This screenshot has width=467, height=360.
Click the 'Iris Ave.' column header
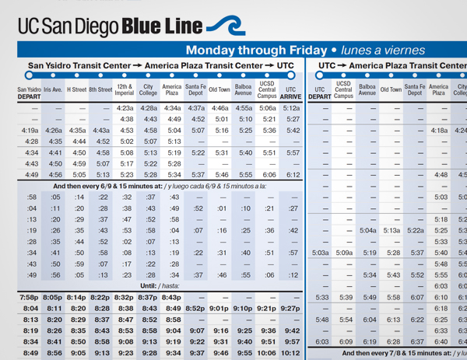pos(53,90)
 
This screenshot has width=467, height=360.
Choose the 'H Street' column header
pos(76,90)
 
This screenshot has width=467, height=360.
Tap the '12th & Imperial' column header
pos(125,90)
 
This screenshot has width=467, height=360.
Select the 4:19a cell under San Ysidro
pos(30,131)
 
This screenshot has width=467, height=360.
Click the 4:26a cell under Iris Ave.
pos(54,131)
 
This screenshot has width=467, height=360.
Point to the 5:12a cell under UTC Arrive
pos(292,108)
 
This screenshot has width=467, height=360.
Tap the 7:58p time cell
pos(30,298)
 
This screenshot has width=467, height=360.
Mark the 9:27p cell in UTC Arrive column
pos(291,309)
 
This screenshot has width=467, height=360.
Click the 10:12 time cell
pos(292,353)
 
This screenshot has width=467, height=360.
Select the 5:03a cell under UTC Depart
pos(320,253)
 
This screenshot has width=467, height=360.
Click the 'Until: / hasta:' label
pos(156,286)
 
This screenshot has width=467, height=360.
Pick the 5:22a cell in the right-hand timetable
pos(416,231)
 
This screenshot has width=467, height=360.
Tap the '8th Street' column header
pos(100,90)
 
